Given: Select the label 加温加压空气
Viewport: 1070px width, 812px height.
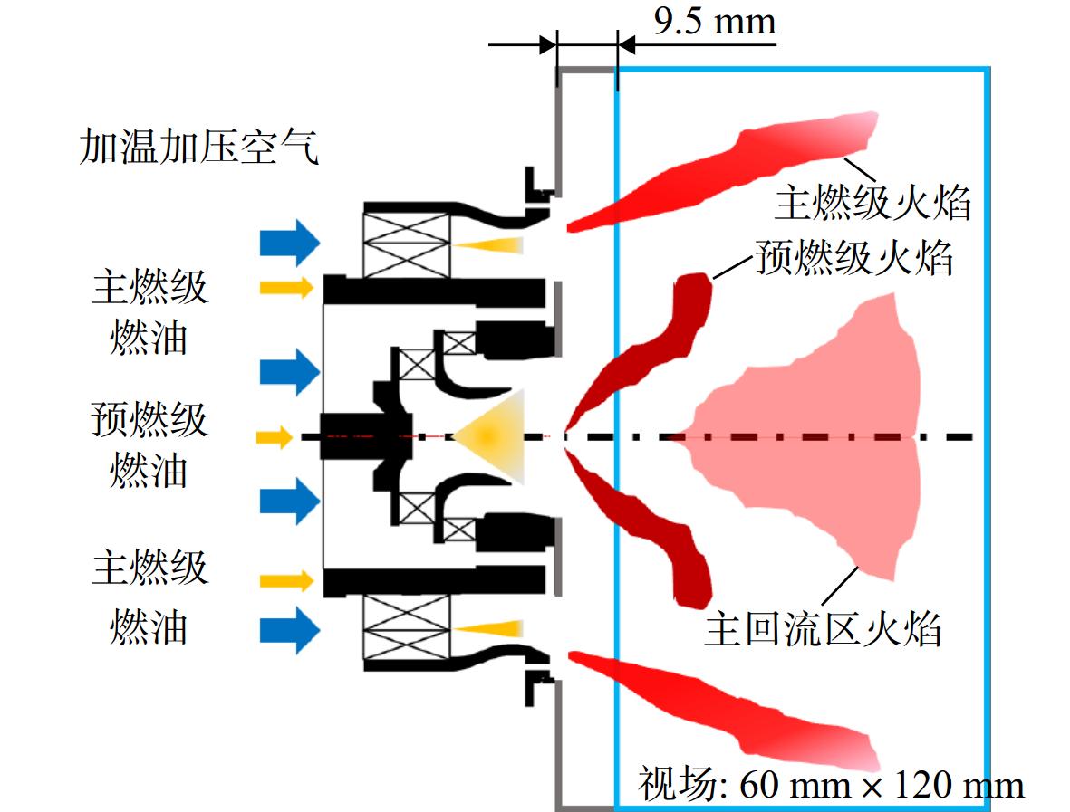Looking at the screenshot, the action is (x=199, y=147).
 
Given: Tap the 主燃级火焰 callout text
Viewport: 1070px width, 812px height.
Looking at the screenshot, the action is (x=872, y=203).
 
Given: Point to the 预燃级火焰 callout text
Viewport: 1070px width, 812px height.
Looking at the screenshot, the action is (x=853, y=258).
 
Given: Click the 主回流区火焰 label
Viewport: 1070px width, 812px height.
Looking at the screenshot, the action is (x=823, y=628).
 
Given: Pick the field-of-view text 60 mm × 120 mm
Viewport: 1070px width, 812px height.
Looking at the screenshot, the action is (x=882, y=785).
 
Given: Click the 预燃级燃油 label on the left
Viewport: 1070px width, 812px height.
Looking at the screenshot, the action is (x=149, y=444).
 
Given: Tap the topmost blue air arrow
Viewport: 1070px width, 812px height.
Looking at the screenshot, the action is (x=290, y=243).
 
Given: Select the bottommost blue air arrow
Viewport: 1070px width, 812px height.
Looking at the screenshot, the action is (x=290, y=630).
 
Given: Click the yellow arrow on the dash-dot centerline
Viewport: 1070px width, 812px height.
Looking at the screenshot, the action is (x=275, y=437).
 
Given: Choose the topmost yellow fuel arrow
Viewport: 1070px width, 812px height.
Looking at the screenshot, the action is (x=286, y=288).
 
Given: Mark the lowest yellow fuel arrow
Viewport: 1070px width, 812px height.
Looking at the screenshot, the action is (x=286, y=581).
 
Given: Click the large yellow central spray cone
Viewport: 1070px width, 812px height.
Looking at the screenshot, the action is (x=490, y=436).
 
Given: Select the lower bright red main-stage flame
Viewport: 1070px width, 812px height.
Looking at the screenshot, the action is (x=723, y=709).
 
